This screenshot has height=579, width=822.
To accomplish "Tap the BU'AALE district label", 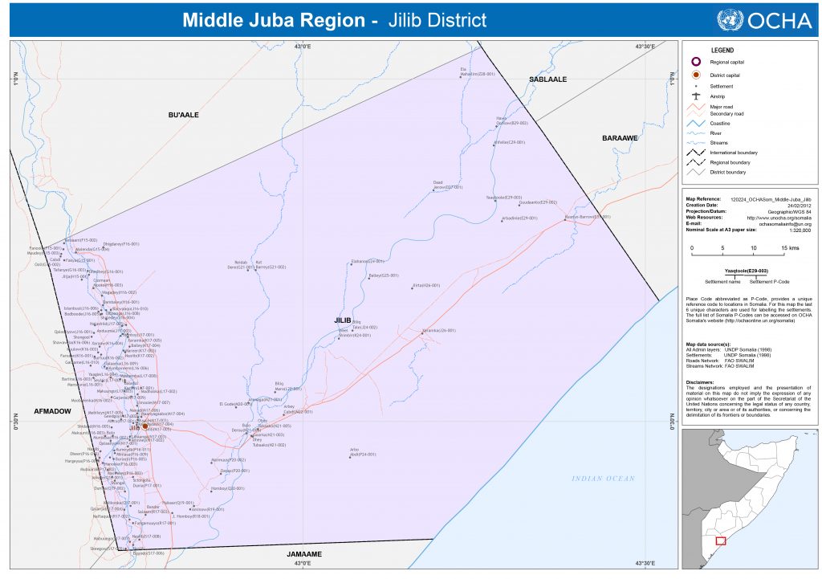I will [183, 116].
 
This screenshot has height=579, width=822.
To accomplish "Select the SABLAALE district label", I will [547, 80].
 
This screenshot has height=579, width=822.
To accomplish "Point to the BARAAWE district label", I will [620, 138].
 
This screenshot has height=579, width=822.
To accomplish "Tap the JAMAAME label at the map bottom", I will [310, 554].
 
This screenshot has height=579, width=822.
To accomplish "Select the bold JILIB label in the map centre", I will [344, 320].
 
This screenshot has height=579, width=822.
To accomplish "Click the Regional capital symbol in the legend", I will [697, 62].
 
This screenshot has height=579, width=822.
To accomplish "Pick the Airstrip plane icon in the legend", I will [697, 96].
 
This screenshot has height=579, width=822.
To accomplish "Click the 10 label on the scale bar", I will [753, 248].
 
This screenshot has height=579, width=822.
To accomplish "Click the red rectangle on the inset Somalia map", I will [720, 541].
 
